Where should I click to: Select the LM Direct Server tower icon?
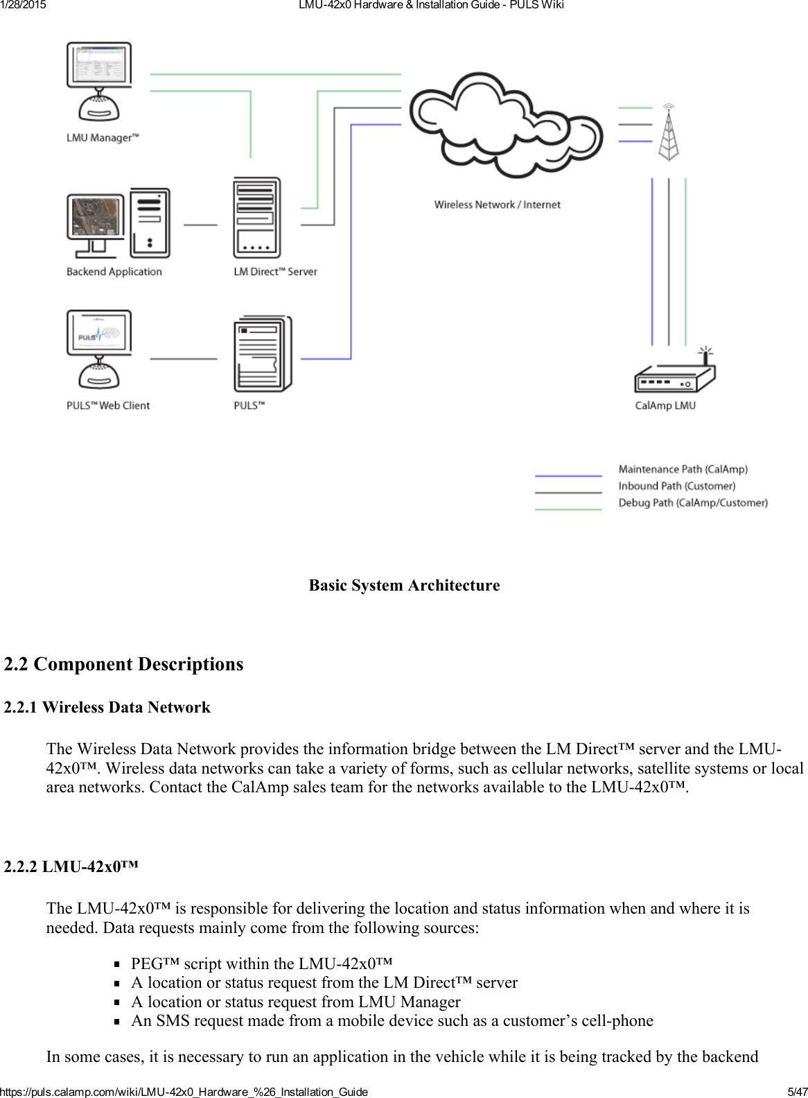click(x=257, y=218)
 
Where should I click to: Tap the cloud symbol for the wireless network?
click(x=505, y=125)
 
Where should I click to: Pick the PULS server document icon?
click(x=262, y=354)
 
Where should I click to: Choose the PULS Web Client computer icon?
click(x=99, y=349)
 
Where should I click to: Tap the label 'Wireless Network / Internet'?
click(x=497, y=204)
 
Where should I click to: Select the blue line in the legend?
click(x=568, y=476)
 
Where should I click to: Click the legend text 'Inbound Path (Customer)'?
click(x=676, y=486)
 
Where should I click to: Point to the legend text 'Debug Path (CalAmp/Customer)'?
click(x=692, y=503)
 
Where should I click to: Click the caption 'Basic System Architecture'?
click(x=404, y=585)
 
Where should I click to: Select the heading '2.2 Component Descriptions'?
click(x=123, y=664)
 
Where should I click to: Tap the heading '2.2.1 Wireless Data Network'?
click(x=107, y=707)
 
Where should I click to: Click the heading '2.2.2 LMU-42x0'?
click(x=71, y=866)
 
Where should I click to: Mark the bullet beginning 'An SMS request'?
click(x=392, y=1020)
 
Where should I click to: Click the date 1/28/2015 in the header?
click(x=23, y=5)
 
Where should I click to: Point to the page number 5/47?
click(x=797, y=1092)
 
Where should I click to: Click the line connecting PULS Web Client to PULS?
click(x=184, y=359)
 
